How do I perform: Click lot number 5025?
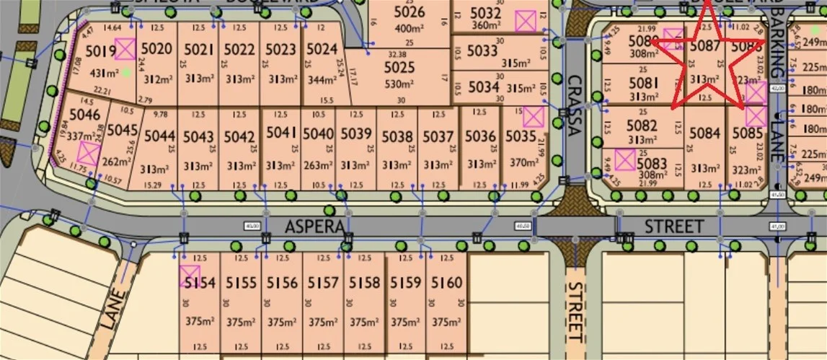(399, 67)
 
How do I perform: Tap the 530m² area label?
(399, 84)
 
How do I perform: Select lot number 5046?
(85, 115)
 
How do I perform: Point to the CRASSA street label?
(574, 106)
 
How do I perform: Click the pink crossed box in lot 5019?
(125, 49)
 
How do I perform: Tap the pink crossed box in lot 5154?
(189, 276)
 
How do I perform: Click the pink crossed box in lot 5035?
(532, 117)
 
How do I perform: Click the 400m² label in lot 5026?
(409, 29)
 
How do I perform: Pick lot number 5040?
(318, 134)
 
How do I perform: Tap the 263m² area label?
(318, 166)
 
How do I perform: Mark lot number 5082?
(642, 126)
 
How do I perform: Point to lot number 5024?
(322, 50)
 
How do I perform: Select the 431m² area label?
(105, 73)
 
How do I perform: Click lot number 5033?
(482, 51)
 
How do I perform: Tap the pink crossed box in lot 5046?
(89, 153)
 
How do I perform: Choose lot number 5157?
(322, 283)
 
